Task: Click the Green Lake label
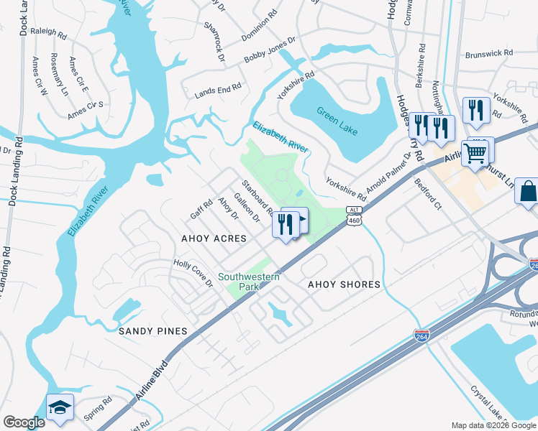(336, 116)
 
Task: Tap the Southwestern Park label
(249, 282)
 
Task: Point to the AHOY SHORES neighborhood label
(344, 284)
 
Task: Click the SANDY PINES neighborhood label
(152, 331)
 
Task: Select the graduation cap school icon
(60, 407)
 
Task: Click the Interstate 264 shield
(422, 335)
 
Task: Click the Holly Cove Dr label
(193, 273)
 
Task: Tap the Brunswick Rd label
(488, 53)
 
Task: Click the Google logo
(24, 422)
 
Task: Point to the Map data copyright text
(493, 425)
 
